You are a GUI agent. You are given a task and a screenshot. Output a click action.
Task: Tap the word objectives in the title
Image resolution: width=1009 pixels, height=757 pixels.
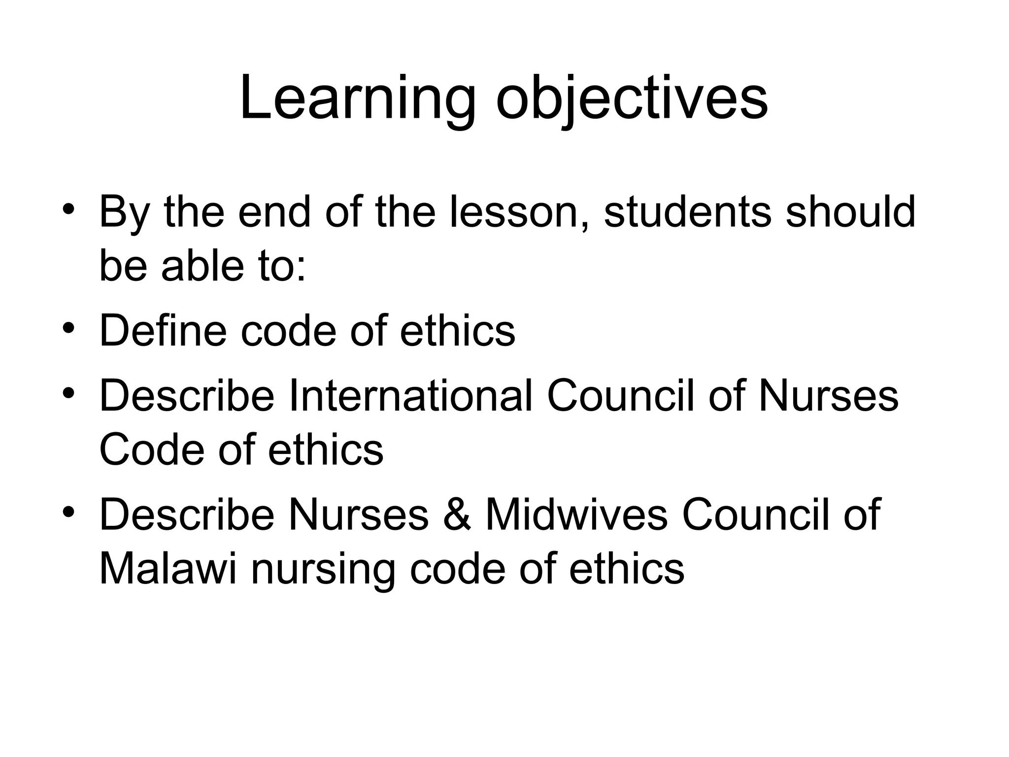[x=632, y=98]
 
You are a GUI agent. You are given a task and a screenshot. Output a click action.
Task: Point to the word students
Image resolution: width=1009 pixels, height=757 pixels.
[x=688, y=212]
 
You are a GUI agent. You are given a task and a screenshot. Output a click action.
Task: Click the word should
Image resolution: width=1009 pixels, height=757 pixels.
[x=850, y=212]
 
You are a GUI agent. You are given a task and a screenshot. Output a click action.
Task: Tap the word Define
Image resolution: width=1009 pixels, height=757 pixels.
[x=163, y=331]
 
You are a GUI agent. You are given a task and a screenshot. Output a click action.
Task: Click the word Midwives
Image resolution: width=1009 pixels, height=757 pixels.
[x=576, y=515]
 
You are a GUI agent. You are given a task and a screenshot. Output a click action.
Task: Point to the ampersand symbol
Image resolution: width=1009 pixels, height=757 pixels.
[x=457, y=515]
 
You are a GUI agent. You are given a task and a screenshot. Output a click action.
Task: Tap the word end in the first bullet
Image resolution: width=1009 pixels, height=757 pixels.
[x=274, y=212]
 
